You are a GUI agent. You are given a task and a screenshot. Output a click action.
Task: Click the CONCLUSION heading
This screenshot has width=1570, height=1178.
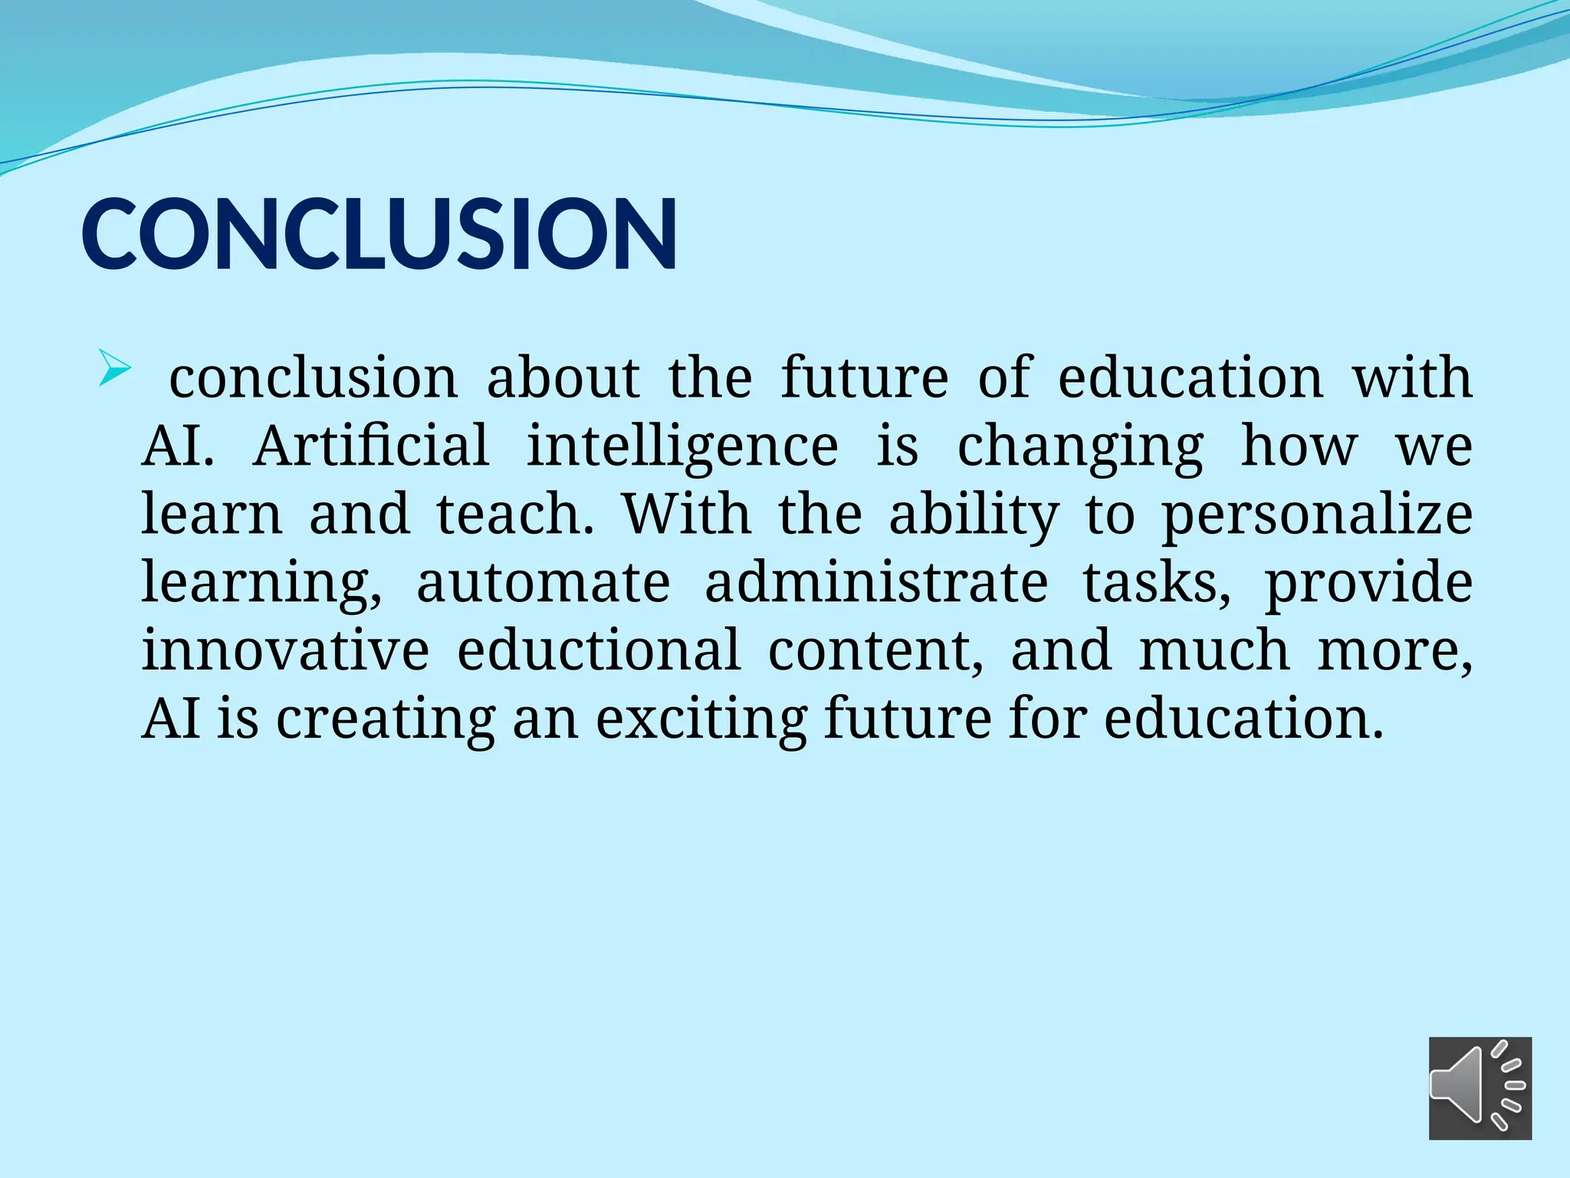(379, 234)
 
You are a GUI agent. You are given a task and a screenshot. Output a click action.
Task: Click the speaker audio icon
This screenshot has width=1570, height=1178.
(1480, 1088)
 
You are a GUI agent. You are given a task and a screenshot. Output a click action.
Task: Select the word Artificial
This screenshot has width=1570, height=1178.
(371, 446)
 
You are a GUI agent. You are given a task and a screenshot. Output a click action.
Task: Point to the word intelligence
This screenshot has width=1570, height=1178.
(682, 447)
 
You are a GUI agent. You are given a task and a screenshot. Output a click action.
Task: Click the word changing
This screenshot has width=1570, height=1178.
(1080, 447)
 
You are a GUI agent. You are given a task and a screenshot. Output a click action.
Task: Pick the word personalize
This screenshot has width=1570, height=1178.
(1316, 515)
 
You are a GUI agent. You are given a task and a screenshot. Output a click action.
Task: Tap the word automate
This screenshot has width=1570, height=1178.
(543, 582)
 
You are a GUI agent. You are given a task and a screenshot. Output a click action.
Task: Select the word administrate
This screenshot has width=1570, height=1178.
(875, 582)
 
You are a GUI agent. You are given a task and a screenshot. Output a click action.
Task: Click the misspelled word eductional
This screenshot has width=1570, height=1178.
(599, 650)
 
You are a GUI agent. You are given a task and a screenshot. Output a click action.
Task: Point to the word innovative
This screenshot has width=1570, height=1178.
(285, 650)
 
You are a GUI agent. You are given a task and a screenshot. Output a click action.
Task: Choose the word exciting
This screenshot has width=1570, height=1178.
(701, 719)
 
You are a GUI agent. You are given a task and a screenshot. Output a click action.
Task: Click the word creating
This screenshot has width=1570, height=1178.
(386, 719)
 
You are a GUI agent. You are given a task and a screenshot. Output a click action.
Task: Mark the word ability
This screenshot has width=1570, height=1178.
(974, 515)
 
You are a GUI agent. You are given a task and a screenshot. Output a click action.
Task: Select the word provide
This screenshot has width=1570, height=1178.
(1368, 582)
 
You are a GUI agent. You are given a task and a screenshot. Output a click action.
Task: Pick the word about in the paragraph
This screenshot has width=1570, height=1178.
(563, 378)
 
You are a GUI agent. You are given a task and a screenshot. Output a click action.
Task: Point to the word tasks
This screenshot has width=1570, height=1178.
(1157, 582)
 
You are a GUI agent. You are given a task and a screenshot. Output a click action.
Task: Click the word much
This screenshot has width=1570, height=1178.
(1214, 650)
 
